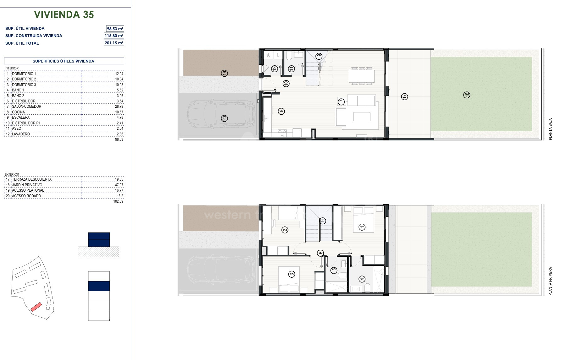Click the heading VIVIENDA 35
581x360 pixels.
[64, 14]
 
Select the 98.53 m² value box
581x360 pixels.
[115, 29]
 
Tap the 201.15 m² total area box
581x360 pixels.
[114, 43]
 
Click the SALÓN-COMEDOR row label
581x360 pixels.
[27, 106]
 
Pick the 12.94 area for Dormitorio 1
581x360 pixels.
[119, 74]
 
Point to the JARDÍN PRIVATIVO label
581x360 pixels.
[27, 185]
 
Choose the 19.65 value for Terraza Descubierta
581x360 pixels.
[119, 179]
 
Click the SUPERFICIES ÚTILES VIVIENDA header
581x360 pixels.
[63, 61]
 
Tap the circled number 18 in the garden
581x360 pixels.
[467, 95]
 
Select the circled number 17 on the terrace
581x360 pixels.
[404, 96]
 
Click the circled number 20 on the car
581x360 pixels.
[224, 118]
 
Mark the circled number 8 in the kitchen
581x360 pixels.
[282, 111]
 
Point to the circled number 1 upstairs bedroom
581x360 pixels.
[362, 227]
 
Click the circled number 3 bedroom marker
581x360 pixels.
[292, 274]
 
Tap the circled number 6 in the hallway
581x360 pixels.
[320, 253]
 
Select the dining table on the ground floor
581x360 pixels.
[362, 76]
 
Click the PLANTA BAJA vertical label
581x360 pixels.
[550, 129]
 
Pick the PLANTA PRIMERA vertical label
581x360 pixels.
[550, 281]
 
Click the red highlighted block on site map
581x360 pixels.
[36, 307]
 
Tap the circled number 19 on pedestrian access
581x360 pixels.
[224, 73]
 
